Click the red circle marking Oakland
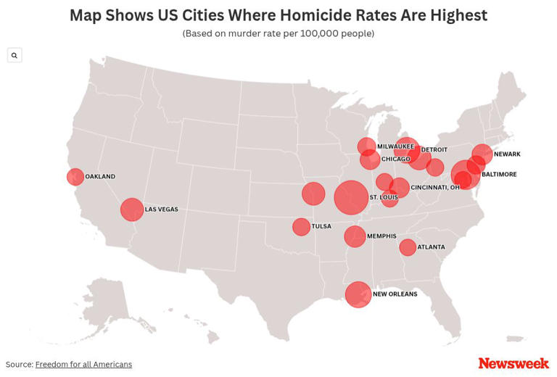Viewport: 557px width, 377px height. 75,177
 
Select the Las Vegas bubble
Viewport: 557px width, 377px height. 131,210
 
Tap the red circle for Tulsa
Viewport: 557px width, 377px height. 301,227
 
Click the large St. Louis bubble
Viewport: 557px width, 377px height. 351,197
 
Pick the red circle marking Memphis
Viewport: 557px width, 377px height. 355,236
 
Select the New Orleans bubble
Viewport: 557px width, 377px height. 358,294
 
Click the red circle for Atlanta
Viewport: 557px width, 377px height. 408,247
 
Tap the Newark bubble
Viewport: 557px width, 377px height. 482,154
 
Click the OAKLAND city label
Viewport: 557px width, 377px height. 100,177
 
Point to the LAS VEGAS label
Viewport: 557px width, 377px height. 161,210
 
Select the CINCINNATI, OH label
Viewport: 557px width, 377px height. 435,187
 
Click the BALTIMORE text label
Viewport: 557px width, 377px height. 499,175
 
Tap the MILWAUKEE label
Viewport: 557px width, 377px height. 395,146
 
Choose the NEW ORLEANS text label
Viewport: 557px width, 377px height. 395,294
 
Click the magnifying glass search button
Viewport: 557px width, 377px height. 15,55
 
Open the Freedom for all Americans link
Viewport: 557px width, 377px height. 83,364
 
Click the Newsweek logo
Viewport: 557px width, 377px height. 513,363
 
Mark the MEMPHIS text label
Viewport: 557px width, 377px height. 381,236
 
